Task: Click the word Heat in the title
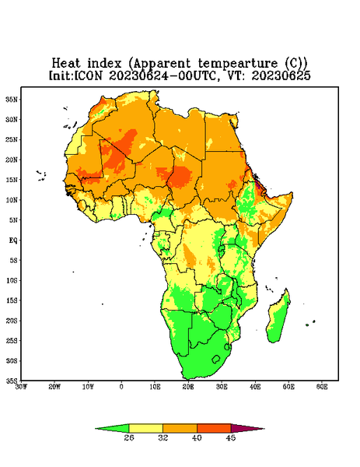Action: [x=66, y=63]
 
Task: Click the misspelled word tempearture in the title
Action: [x=238, y=64]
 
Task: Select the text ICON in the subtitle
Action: [x=88, y=75]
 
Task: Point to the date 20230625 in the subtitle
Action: [x=281, y=75]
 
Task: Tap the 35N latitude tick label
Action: [x=12, y=99]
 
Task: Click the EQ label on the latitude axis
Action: [x=13, y=240]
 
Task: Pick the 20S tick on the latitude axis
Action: [x=12, y=321]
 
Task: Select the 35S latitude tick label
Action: [x=12, y=381]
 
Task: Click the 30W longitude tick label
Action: [x=21, y=387]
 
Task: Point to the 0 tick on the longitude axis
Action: [x=121, y=387]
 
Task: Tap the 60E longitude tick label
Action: [x=322, y=387]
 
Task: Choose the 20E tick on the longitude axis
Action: [x=188, y=387]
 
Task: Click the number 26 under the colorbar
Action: [x=129, y=437]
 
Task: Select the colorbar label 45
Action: [x=231, y=437]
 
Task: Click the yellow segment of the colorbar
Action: [x=145, y=428]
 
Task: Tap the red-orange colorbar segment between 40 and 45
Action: [x=214, y=428]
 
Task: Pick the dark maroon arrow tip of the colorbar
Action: [x=247, y=428]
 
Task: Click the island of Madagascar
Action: [x=279, y=318]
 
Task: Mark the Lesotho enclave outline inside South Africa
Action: [x=216, y=359]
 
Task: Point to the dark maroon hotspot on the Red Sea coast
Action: [x=259, y=187]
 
